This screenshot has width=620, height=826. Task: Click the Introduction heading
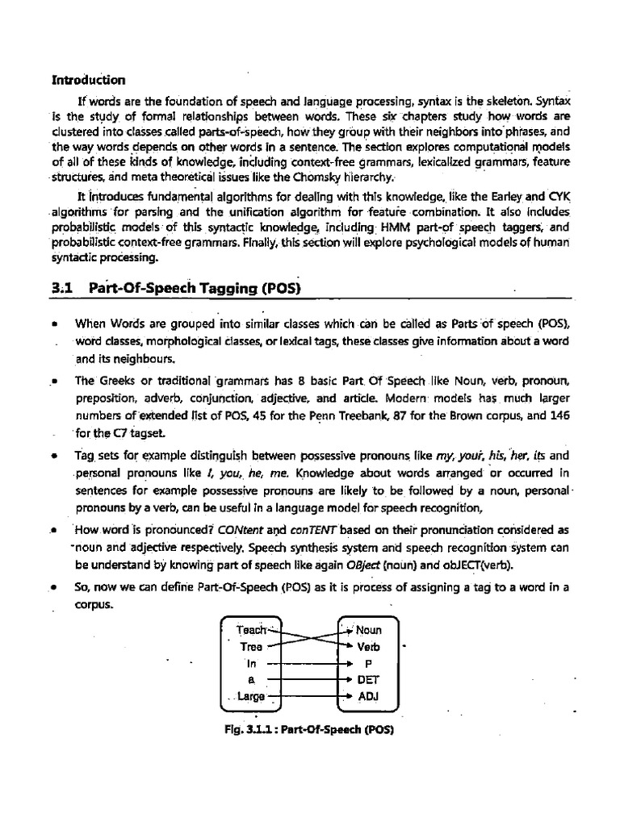(89, 80)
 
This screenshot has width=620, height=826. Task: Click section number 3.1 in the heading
(63, 287)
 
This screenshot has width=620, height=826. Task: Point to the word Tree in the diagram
(251, 647)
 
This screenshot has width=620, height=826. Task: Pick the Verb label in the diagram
(368, 647)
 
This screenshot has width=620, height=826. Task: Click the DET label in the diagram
(368, 680)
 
